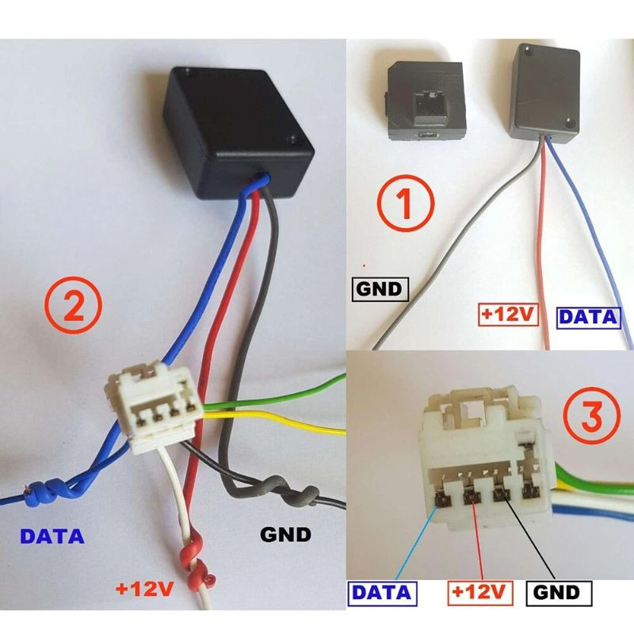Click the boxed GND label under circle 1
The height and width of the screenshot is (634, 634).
380,290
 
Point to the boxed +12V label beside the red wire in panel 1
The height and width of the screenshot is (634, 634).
508,315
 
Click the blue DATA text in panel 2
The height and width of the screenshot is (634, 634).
52,536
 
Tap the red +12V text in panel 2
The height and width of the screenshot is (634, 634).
144,589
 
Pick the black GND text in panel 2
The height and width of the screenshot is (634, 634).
285,534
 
